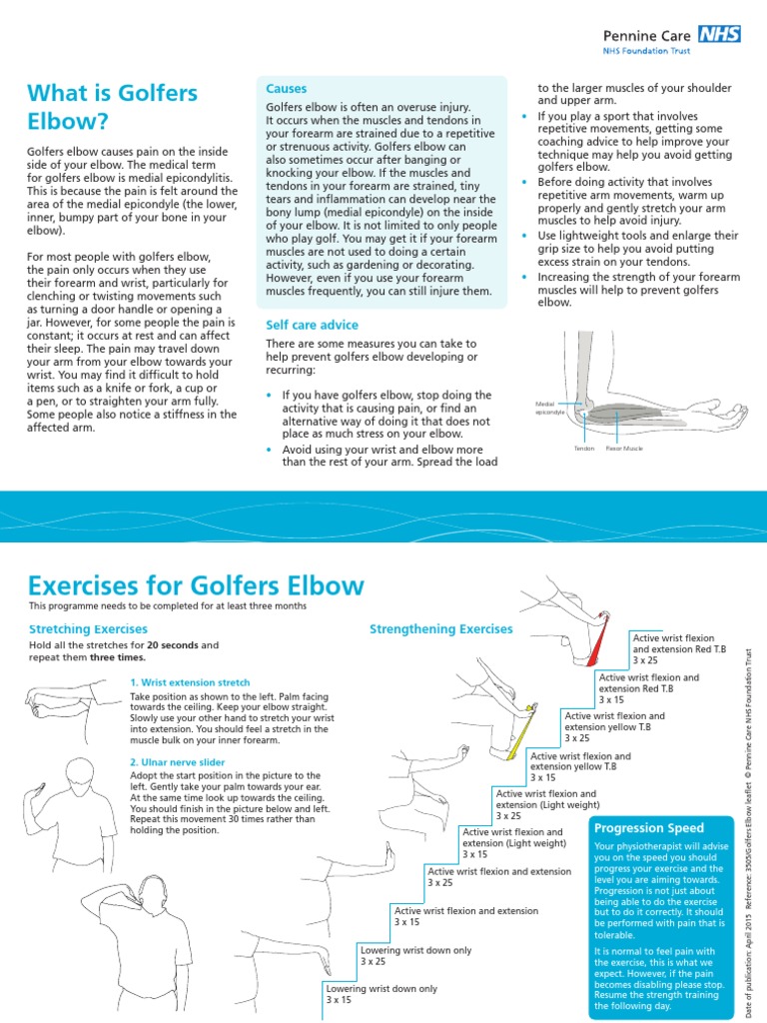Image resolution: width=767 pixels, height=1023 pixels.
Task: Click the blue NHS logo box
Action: [720, 33]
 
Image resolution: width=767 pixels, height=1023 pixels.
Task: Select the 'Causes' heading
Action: [287, 89]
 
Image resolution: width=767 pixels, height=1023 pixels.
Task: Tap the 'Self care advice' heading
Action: [312, 326]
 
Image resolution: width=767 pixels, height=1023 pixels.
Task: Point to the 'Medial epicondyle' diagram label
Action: [551, 408]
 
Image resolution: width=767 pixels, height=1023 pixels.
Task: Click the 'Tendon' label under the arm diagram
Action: [583, 449]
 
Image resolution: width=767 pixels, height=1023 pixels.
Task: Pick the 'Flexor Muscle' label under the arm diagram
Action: [624, 449]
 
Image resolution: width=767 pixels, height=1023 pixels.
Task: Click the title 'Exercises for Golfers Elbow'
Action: [196, 585]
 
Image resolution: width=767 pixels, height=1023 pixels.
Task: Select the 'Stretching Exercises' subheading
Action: [88, 629]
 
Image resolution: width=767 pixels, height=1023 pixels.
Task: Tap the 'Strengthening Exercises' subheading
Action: [440, 629]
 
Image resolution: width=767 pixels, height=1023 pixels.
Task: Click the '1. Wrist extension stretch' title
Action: [190, 682]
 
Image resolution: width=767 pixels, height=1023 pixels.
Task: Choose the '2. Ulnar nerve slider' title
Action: [177, 762]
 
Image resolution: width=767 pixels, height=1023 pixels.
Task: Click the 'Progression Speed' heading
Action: [649, 828]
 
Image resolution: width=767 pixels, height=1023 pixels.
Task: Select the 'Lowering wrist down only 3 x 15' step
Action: [382, 994]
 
